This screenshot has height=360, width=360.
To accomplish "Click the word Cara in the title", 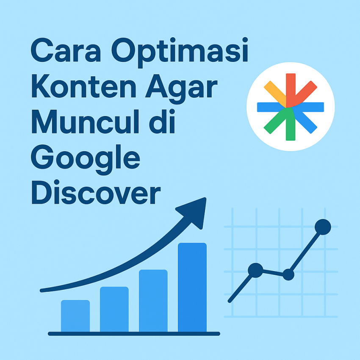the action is point(66,50).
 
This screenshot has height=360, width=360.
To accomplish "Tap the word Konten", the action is point(84,86).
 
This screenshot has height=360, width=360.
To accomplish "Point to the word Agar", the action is point(181,89).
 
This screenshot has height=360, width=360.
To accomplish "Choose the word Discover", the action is point(96,192).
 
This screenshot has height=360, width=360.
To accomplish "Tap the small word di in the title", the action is point(162,122).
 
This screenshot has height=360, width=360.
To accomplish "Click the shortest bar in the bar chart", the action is point(75,316).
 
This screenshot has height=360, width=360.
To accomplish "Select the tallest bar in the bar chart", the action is point(192,288).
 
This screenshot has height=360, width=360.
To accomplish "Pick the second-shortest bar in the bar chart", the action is point(114,309).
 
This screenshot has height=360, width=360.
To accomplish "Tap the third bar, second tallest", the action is point(153,301).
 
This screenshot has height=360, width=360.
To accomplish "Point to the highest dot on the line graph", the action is point(323,227).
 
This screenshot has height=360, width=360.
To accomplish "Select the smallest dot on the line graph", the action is point(288,274).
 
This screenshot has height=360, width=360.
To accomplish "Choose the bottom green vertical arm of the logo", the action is point(290,125).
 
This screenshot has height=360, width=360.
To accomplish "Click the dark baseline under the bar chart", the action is point(134,334).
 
